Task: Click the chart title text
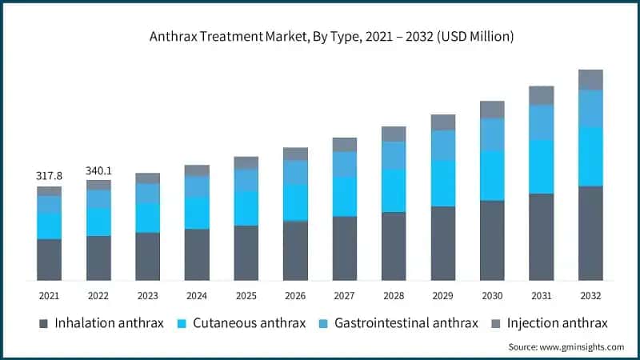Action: click(320, 37)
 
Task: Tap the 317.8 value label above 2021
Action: click(49, 175)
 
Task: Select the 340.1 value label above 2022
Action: click(98, 170)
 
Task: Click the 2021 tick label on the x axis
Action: click(49, 295)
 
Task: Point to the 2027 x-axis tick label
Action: click(345, 295)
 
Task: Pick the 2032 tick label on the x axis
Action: click(590, 295)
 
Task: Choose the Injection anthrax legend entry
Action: click(559, 323)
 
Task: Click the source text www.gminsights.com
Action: click(566, 347)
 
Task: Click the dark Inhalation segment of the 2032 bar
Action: click(590, 233)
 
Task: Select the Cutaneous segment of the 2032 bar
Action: click(590, 157)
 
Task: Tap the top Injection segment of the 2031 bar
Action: click(542, 95)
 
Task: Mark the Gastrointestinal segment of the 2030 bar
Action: click(492, 134)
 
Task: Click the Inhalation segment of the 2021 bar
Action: click(49, 259)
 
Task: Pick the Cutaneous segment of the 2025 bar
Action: click(246, 208)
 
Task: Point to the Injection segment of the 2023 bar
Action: click(147, 178)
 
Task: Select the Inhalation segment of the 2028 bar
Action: click(394, 246)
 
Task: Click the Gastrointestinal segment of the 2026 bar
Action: click(295, 172)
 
